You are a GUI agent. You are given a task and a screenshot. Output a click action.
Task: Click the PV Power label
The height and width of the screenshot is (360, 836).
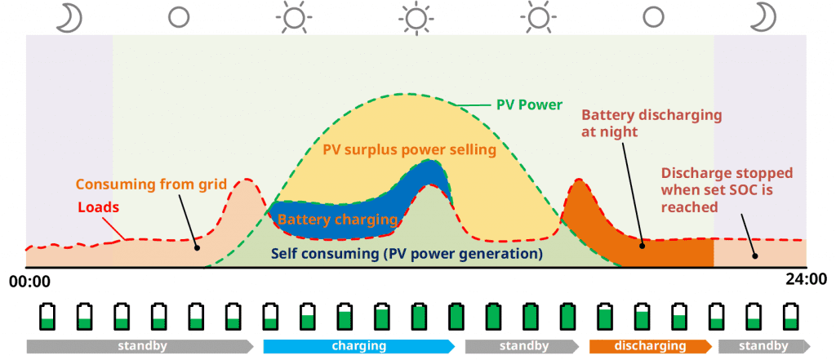529,105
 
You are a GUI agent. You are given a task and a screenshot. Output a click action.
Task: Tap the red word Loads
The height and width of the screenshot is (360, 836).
98,207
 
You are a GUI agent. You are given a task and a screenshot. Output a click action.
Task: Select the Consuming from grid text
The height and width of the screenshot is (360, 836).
151,184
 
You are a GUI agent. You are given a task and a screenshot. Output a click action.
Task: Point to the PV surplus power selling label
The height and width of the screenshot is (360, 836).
409,150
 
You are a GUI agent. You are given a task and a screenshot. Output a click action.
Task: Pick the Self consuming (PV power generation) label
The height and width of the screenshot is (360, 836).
407,254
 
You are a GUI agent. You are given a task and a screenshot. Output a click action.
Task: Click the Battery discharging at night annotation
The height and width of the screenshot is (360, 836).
651,122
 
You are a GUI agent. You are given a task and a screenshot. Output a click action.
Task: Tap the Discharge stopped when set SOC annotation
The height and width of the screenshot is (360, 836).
716,189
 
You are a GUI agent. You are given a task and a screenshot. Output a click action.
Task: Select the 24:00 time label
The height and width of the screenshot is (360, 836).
807,279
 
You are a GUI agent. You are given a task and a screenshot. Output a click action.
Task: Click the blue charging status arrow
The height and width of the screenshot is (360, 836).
358,346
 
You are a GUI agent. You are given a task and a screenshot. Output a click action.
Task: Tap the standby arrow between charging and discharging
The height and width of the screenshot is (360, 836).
522,346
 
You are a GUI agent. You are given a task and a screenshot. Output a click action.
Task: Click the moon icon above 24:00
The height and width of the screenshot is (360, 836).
764,16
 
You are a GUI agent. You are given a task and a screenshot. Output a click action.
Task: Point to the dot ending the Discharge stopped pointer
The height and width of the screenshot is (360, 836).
754,256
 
